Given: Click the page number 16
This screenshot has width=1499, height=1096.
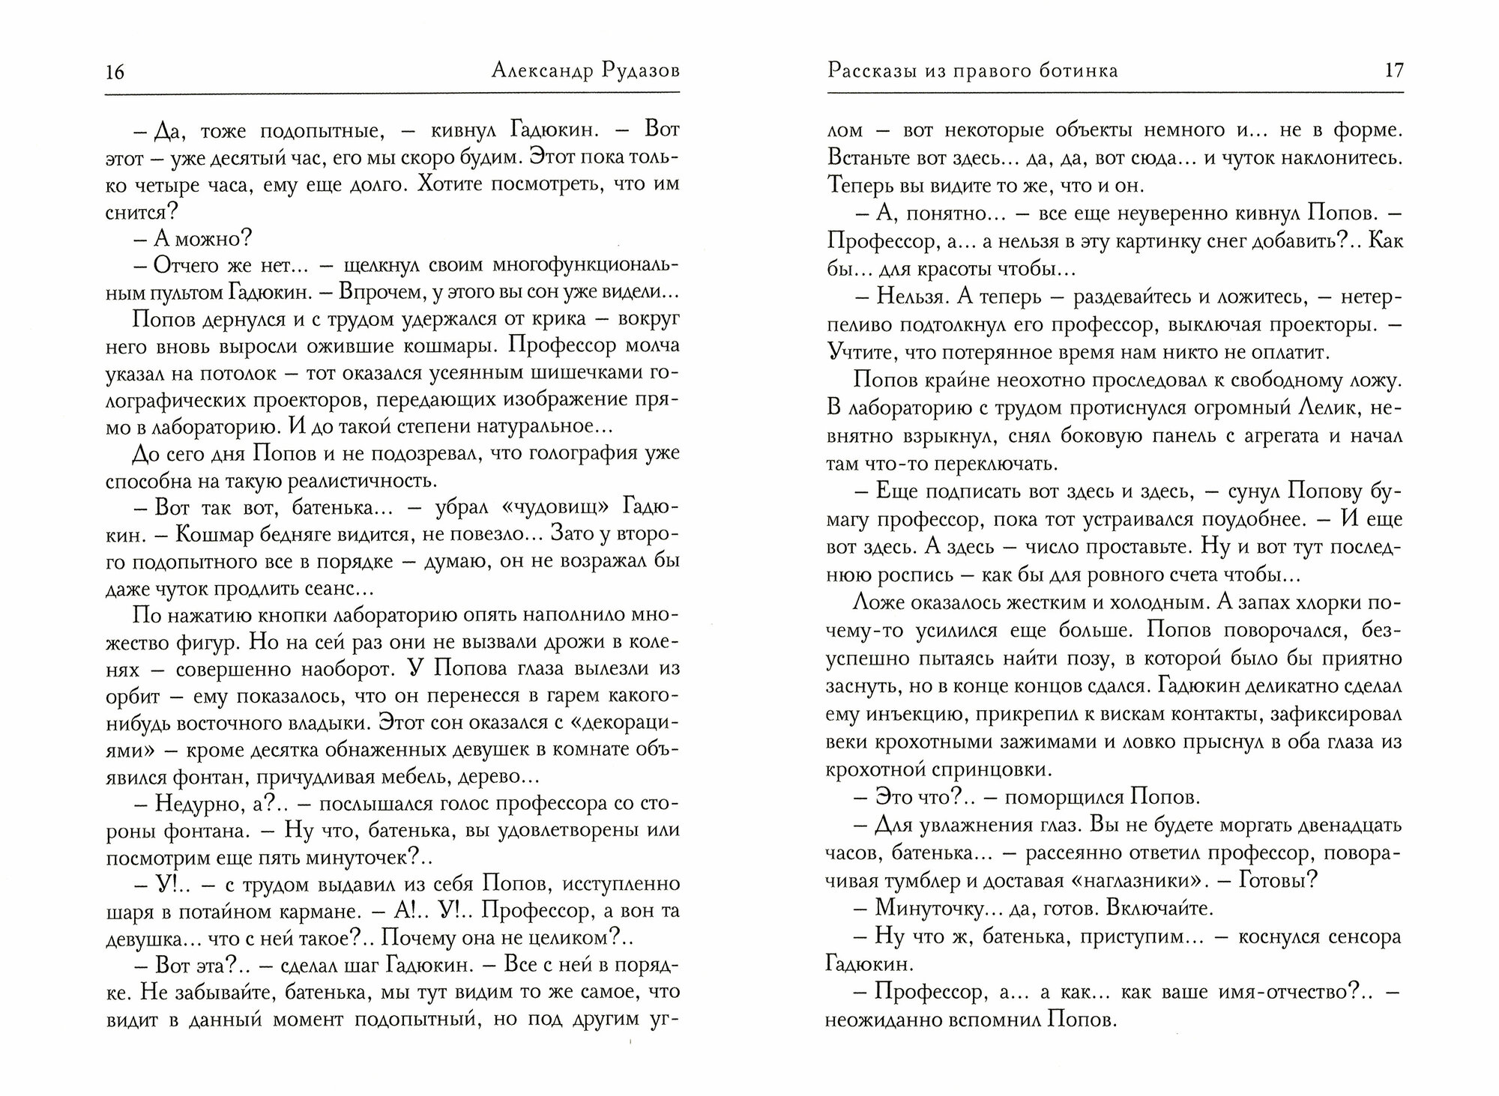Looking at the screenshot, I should (115, 72).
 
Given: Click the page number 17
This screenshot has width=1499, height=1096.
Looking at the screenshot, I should (1393, 70).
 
